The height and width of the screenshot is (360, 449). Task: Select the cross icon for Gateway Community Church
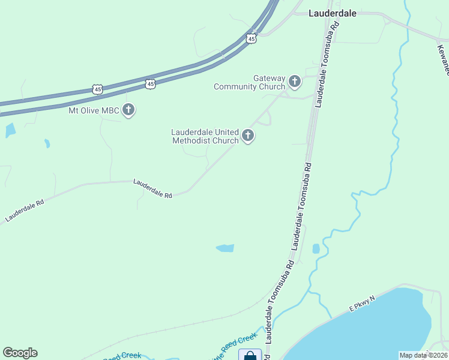pos(294,81)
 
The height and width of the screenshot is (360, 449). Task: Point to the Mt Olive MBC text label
pos(94,110)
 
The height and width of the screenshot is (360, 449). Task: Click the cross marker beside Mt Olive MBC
pos(128,110)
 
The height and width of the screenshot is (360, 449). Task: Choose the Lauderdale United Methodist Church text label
pos(205,136)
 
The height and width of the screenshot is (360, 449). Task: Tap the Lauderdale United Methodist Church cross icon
pos(247,136)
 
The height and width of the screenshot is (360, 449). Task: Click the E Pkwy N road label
pos(363,303)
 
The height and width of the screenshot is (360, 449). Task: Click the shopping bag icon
pos(250,355)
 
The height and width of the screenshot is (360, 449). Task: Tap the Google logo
pos(20,353)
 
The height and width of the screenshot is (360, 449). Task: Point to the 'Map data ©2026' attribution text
pos(424,355)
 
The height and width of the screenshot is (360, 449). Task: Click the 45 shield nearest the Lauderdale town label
pos(252,38)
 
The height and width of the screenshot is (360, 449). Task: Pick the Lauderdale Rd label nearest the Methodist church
pos(152,188)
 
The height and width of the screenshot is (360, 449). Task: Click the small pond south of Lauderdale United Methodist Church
pos(225,248)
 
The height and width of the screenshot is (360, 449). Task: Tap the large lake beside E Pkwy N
pos(378,327)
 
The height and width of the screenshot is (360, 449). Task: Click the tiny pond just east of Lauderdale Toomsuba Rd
pos(316,248)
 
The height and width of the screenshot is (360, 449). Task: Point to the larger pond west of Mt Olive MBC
pos(10,130)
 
